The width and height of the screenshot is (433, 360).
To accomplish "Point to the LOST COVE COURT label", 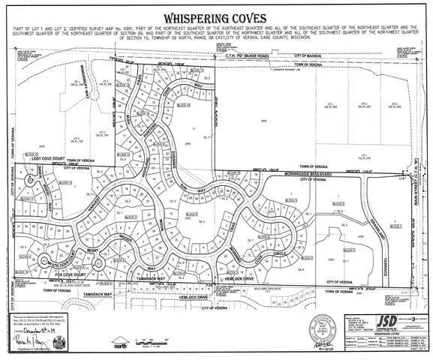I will click(x=40, y=160).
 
